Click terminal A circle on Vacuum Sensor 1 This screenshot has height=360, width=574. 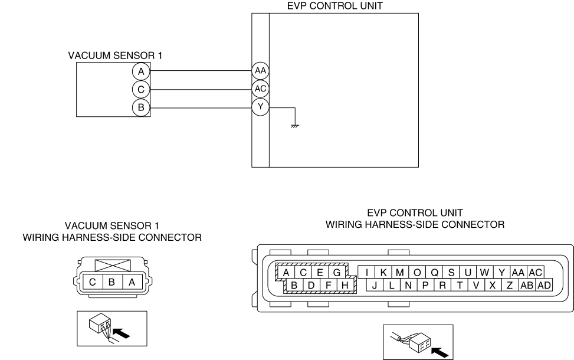tap(140, 71)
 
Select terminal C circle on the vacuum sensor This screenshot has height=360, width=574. tap(140, 90)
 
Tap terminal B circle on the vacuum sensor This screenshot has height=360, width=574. tap(140, 107)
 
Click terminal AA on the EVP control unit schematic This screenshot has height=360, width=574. tap(260, 71)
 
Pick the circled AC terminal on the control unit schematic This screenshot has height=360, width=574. tap(260, 89)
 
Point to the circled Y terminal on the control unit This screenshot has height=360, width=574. tap(260, 107)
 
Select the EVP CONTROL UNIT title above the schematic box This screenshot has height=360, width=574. tap(334, 6)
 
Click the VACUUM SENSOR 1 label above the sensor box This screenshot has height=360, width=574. tap(115, 55)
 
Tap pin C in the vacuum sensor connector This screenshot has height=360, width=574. tap(93, 282)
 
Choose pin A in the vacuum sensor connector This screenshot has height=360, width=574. tap(132, 282)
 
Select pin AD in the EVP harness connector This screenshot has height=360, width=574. tap(543, 285)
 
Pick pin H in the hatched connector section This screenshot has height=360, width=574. tap(346, 286)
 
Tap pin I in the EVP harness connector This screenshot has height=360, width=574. tap(367, 272)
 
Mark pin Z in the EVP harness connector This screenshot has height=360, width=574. tap(510, 285)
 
